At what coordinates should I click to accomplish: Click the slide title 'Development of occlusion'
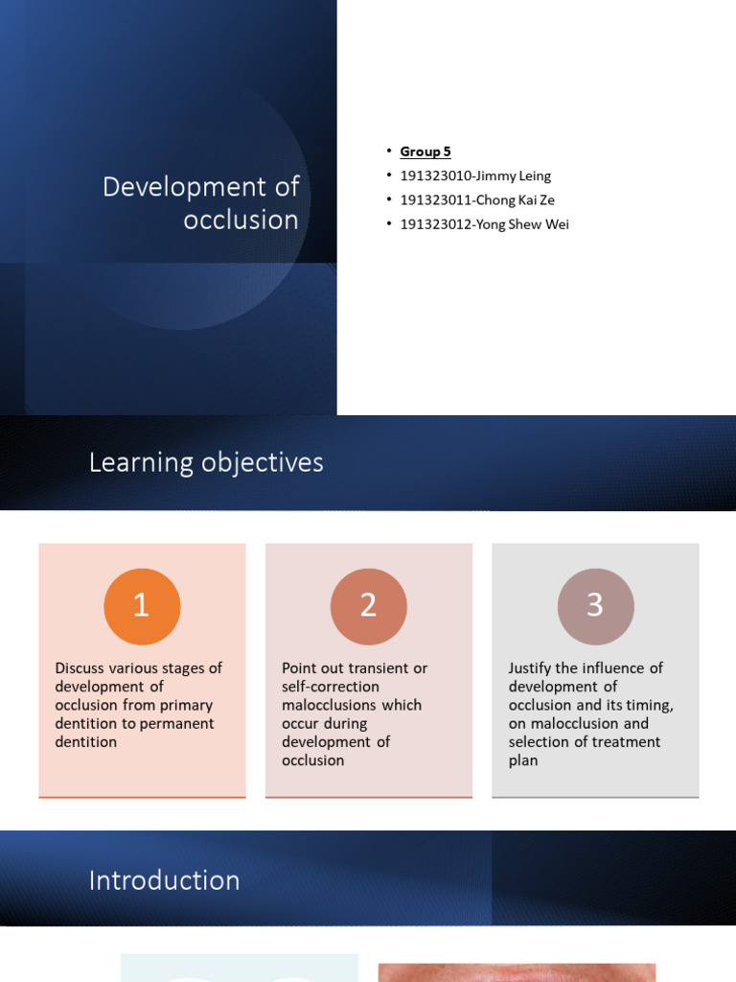click(x=201, y=202)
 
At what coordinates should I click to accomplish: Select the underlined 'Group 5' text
click(x=425, y=152)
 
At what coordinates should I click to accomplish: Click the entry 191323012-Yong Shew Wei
click(x=484, y=224)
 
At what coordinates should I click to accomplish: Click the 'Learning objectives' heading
click(x=206, y=462)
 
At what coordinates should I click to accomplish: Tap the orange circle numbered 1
click(x=142, y=606)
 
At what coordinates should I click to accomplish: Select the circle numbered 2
click(x=368, y=606)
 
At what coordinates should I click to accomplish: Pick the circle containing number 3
click(x=595, y=606)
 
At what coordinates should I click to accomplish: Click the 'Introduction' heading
click(x=164, y=880)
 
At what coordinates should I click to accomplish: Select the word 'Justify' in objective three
click(x=532, y=668)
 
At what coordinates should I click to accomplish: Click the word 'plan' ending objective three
click(x=523, y=760)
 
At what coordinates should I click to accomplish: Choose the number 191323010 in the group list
click(x=436, y=175)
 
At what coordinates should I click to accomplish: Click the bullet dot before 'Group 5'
click(x=389, y=152)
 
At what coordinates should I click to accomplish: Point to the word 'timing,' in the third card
click(x=649, y=705)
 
